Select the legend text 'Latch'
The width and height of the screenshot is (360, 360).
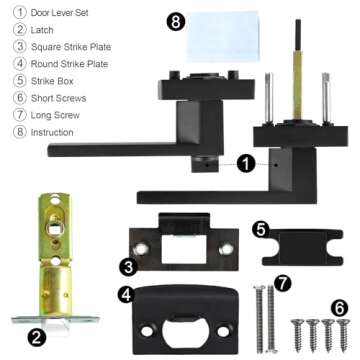tap(37, 31)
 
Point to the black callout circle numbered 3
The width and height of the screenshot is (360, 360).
tap(129, 266)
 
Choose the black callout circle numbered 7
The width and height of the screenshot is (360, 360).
tap(283, 283)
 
